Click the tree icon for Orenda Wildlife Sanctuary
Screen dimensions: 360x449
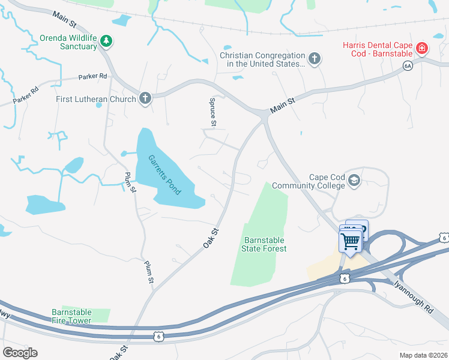pyautogui.click(x=106, y=41)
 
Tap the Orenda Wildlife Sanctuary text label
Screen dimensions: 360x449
pyautogui.click(x=68, y=42)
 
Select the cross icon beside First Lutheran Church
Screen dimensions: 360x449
pyautogui.click(x=145, y=98)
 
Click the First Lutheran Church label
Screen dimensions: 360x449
pyautogui.click(x=96, y=99)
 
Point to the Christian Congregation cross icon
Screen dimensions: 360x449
pyautogui.click(x=314, y=59)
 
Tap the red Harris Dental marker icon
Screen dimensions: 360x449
pyautogui.click(x=422, y=47)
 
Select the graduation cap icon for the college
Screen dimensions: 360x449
pyautogui.click(x=354, y=181)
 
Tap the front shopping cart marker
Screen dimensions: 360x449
pyautogui.click(x=350, y=242)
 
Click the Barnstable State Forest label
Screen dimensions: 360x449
pyautogui.click(x=264, y=244)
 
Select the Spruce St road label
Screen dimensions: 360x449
pyautogui.click(x=212, y=112)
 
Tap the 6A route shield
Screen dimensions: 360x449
pyautogui.click(x=408, y=66)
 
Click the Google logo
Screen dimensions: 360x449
pyautogui.click(x=20, y=353)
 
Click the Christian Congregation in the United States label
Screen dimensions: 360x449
pyautogui.click(x=263, y=59)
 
